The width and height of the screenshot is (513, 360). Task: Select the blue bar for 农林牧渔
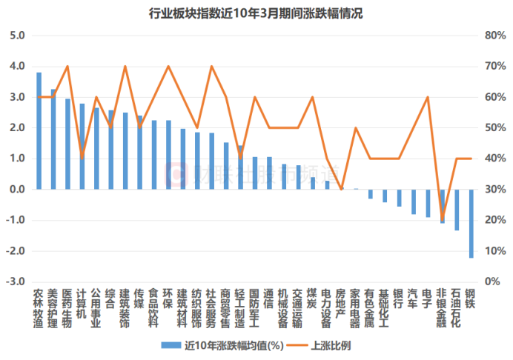click(39, 130)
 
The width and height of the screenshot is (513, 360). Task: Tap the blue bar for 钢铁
click(471, 223)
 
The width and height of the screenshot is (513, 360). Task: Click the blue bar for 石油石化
click(457, 210)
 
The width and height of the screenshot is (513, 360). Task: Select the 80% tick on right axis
click(494, 36)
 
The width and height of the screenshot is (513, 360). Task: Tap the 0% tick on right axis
click(492, 282)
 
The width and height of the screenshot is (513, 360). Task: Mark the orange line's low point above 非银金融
click(443, 220)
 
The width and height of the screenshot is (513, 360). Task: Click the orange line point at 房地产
click(342, 189)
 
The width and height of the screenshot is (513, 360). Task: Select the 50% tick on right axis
click(494, 127)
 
